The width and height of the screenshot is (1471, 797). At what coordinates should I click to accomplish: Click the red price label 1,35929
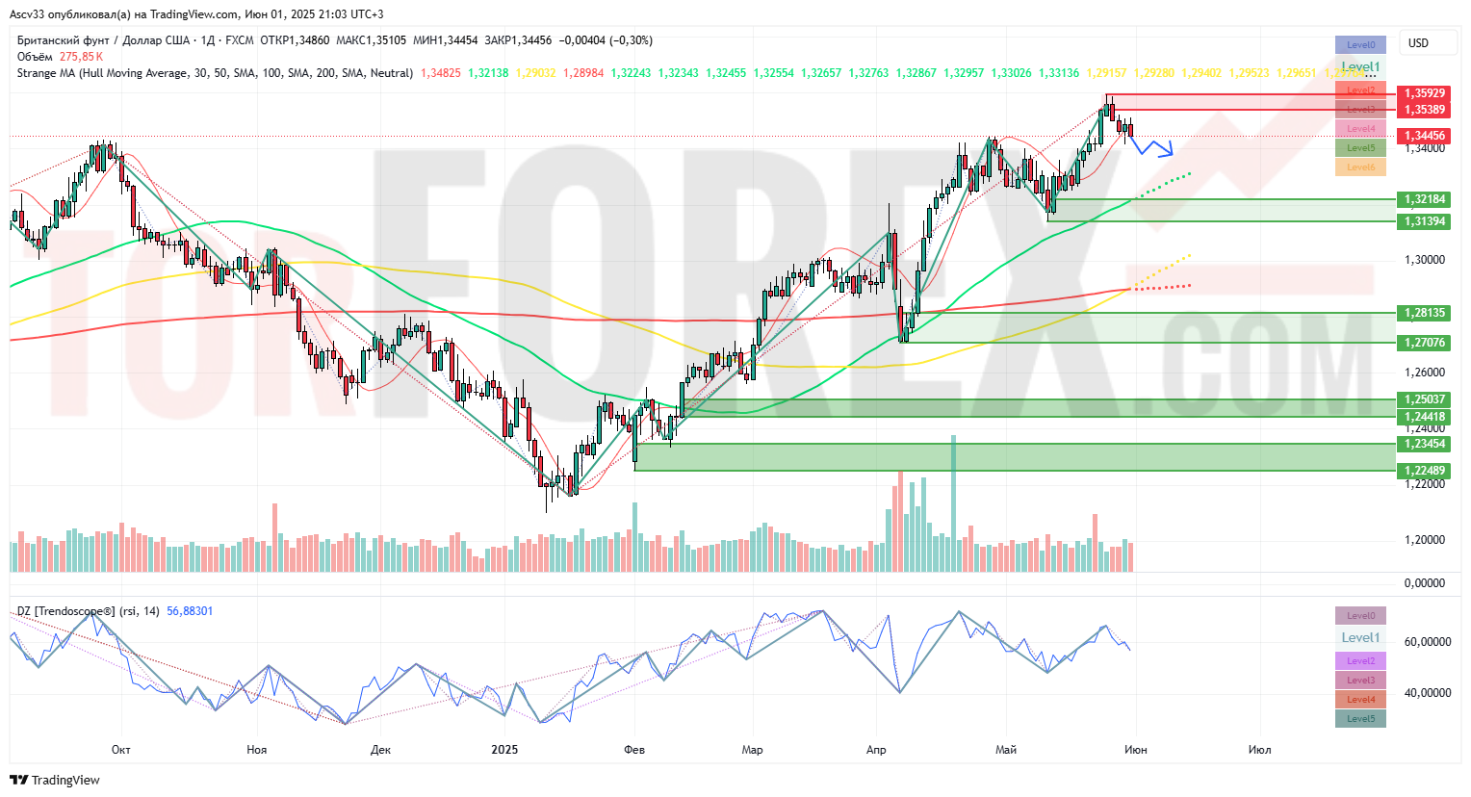point(1424,93)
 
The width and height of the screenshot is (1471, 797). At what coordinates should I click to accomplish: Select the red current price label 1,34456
point(1424,136)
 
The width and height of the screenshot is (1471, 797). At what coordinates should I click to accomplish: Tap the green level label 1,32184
point(1424,199)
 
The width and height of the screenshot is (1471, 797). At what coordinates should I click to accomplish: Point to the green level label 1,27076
point(1424,343)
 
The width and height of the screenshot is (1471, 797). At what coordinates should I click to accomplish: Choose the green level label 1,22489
point(1424,471)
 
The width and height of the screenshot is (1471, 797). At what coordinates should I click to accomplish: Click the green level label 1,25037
point(1424,399)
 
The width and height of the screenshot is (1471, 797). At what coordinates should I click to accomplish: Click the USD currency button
point(1418,43)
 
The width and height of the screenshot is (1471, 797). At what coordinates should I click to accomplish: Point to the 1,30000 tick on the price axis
point(1425,260)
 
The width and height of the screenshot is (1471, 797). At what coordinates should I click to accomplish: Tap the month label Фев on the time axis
point(633,750)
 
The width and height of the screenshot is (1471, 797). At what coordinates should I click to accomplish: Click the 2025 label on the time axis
point(504,750)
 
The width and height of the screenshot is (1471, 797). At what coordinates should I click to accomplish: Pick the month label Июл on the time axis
point(1259,750)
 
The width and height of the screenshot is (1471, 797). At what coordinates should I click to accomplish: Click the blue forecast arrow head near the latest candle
point(1170,151)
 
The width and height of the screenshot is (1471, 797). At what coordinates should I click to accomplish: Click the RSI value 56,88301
point(190,611)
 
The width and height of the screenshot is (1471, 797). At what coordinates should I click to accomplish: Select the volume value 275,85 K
point(82,57)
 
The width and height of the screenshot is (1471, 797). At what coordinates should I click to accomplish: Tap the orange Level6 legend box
point(1360,167)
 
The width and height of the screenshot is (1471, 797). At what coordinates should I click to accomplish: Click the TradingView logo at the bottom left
point(56,780)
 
